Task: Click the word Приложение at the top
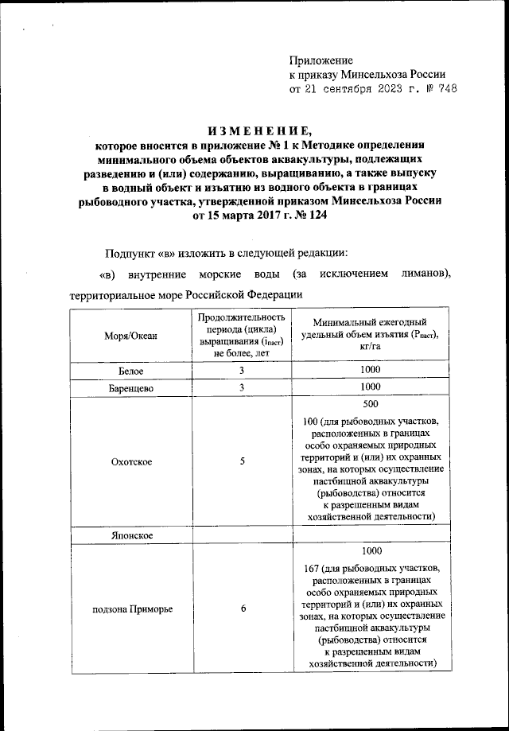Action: coord(321,60)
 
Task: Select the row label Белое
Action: coord(130,371)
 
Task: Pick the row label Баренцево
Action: coord(130,387)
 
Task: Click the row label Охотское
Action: coord(130,461)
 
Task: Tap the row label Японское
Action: coord(130,537)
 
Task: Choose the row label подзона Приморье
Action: coord(130,609)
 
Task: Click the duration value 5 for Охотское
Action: coord(242,461)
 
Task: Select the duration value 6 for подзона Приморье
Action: coord(242,609)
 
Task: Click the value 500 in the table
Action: coord(371,403)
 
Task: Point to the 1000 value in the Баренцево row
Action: coord(371,387)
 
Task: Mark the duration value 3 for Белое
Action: coord(242,370)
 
